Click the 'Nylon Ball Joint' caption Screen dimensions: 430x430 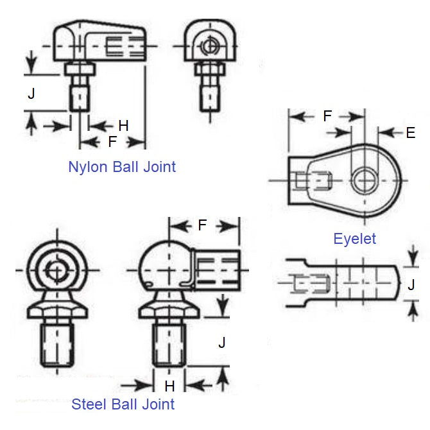click(122, 167)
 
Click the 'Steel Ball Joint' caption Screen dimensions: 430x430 click(123, 404)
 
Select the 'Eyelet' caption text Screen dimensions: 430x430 click(354, 239)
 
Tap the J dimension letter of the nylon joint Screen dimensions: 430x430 click(31, 94)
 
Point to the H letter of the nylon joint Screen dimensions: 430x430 click(123, 126)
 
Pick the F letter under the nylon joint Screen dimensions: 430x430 click(113, 141)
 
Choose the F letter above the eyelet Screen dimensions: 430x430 click(327, 117)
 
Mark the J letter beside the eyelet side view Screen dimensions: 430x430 click(411, 284)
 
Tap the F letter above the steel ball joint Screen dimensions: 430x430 click(202, 226)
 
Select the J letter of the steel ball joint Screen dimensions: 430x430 click(221, 342)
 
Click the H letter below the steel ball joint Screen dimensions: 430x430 click(169, 386)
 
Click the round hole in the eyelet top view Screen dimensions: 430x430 click(366, 180)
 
